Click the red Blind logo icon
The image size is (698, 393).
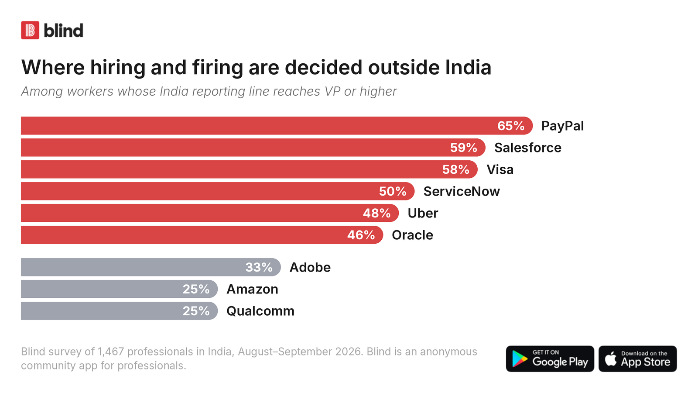pyautogui.click(x=30, y=30)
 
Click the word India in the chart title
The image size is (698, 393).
pyautogui.click(x=468, y=67)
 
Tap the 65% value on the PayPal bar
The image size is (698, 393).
pyautogui.click(x=511, y=126)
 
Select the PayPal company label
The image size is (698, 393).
pyautogui.click(x=562, y=126)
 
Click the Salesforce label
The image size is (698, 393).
pyautogui.click(x=527, y=148)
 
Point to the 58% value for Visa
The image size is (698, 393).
pyautogui.click(x=455, y=170)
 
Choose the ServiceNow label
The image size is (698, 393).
pyautogui.click(x=462, y=192)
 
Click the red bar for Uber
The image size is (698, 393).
pyautogui.click(x=210, y=213)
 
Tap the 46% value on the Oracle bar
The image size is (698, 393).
pyautogui.click(x=361, y=235)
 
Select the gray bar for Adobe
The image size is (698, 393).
pyautogui.click(x=151, y=267)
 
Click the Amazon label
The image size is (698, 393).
pyautogui.click(x=252, y=289)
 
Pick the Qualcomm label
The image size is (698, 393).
pyautogui.click(x=260, y=311)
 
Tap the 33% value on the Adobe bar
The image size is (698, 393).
pyautogui.click(x=259, y=267)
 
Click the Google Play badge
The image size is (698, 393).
pyautogui.click(x=550, y=359)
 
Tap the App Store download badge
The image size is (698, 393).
pyautogui.click(x=637, y=359)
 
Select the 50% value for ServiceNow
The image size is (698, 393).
pyautogui.click(x=392, y=192)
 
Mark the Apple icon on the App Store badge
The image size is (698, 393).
pyautogui.click(x=611, y=359)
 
